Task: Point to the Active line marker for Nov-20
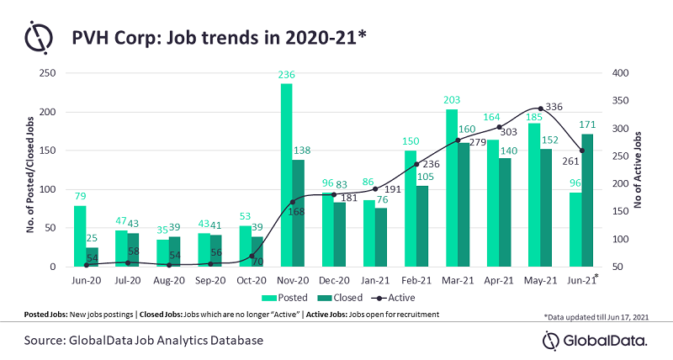tap(292, 202)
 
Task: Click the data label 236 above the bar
tap(286, 76)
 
